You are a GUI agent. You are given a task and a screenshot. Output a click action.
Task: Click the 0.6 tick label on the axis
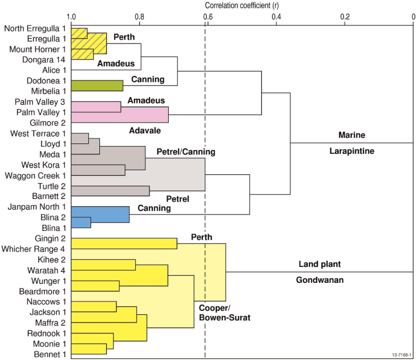[208, 17]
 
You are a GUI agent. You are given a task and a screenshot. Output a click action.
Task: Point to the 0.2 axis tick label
[345, 17]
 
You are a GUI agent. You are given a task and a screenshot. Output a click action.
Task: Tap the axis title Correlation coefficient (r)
[242, 6]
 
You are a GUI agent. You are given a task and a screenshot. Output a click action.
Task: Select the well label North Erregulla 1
[35, 29]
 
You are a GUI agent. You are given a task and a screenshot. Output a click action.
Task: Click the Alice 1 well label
[54, 70]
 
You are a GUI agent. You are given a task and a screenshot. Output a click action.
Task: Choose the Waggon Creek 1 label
[35, 176]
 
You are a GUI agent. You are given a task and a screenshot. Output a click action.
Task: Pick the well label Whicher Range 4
[33, 249]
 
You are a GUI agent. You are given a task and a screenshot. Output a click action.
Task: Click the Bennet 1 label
[50, 354]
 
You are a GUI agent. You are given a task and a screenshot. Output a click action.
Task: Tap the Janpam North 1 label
[37, 207]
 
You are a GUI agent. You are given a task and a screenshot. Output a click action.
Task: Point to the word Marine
[351, 135]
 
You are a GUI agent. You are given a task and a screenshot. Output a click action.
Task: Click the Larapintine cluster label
[351, 151]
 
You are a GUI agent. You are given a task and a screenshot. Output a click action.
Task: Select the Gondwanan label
[320, 280]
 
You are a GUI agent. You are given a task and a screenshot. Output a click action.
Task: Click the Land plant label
[320, 264]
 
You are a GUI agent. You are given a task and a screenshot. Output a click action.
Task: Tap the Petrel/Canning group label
[186, 152]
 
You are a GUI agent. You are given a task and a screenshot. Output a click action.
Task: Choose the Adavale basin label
[145, 131]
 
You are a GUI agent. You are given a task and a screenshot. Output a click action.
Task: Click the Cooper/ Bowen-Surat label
[224, 313]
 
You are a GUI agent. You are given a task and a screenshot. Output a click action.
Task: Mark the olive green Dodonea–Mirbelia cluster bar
[97, 85]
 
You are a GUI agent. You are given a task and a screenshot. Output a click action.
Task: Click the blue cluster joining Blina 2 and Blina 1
[81, 223]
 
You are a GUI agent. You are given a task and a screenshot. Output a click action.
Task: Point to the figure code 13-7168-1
[402, 355]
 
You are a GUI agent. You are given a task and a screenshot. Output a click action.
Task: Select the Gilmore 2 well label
[47, 123]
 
